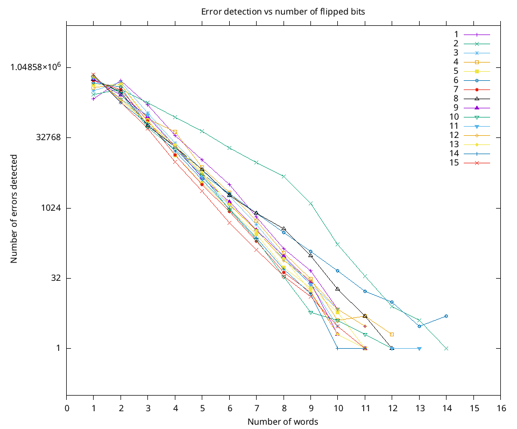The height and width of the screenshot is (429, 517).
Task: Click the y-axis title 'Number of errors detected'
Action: point(14,209)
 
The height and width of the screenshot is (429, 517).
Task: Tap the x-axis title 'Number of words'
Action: point(282,421)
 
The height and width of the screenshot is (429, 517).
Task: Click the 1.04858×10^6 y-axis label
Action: point(36,67)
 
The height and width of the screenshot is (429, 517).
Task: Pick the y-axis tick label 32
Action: point(54,278)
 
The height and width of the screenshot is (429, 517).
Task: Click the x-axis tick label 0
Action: point(67,408)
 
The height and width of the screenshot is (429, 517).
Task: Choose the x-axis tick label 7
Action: point(257,408)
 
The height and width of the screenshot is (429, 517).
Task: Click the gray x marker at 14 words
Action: point(447,348)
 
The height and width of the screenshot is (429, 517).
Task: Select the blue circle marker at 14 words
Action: point(447,316)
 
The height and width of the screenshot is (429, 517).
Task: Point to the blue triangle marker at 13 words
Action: point(420,349)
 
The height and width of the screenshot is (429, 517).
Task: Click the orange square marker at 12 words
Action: point(392,335)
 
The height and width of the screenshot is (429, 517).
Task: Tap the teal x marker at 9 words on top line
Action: point(311,203)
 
